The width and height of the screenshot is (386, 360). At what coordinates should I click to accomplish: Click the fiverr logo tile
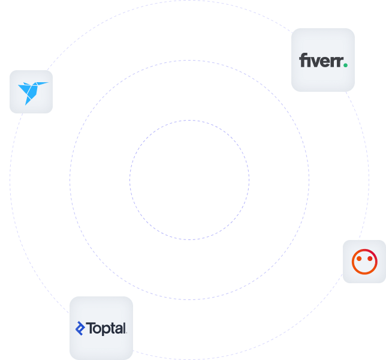point(322,59)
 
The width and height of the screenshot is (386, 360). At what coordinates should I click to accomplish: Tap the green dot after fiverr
point(345,65)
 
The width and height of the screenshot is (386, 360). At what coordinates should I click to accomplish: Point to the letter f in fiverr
point(303,61)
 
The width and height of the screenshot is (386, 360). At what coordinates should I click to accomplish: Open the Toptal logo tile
point(101,328)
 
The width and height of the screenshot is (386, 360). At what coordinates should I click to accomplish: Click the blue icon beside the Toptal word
point(80,328)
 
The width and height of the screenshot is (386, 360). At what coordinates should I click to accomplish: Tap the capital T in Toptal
point(91,328)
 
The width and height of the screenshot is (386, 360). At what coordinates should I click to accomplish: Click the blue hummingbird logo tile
point(31,92)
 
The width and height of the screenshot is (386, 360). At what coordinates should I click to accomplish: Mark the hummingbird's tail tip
point(26,103)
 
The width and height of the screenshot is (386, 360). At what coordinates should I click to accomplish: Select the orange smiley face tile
point(364,261)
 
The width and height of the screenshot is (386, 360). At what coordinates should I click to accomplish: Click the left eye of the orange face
point(358,259)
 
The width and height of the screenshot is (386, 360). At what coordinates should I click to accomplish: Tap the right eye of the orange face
point(370,259)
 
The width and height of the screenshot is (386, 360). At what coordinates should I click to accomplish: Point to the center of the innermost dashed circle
point(189,179)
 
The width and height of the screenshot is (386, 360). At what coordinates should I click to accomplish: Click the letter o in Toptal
point(98,329)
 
